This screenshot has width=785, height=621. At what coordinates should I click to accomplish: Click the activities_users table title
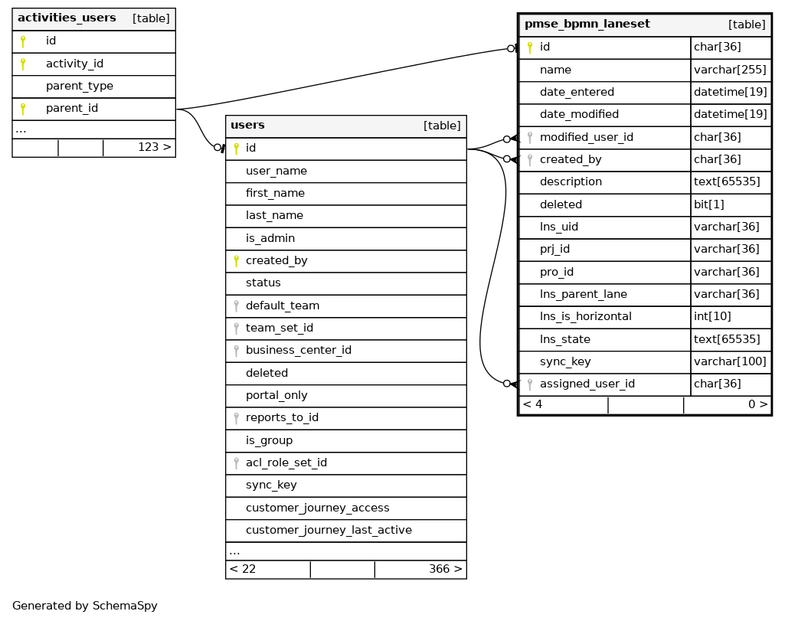[67, 18]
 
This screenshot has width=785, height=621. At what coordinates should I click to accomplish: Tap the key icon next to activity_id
[22, 64]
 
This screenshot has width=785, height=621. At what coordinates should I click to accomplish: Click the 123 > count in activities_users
[154, 147]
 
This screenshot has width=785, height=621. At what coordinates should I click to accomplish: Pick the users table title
[247, 125]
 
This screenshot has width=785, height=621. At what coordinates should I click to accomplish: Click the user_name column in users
[276, 171]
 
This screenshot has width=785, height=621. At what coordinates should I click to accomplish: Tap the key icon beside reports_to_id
[237, 418]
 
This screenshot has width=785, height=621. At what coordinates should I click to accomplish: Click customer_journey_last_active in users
[329, 530]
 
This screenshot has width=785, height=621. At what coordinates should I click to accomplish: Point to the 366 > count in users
[446, 569]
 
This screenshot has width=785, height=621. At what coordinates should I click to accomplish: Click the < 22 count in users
[243, 569]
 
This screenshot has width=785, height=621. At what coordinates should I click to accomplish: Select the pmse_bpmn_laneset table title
[587, 24]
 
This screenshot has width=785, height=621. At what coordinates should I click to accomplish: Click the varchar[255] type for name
[730, 70]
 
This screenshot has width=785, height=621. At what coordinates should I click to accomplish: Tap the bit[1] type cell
[709, 204]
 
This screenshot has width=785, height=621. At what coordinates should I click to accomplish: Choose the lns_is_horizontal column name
[586, 316]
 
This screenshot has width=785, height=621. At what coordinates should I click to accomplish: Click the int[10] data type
[712, 316]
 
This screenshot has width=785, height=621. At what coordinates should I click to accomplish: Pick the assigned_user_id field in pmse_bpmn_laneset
[587, 384]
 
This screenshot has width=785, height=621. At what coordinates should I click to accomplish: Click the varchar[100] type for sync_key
[730, 361]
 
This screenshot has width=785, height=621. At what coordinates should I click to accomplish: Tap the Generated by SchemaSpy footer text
[84, 606]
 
